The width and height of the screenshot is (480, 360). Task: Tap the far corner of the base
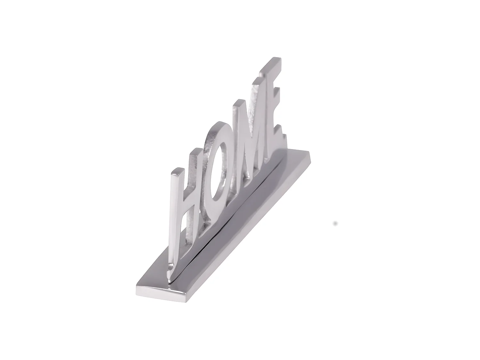[x=309, y=153]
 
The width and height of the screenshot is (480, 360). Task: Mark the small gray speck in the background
[x=335, y=223]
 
